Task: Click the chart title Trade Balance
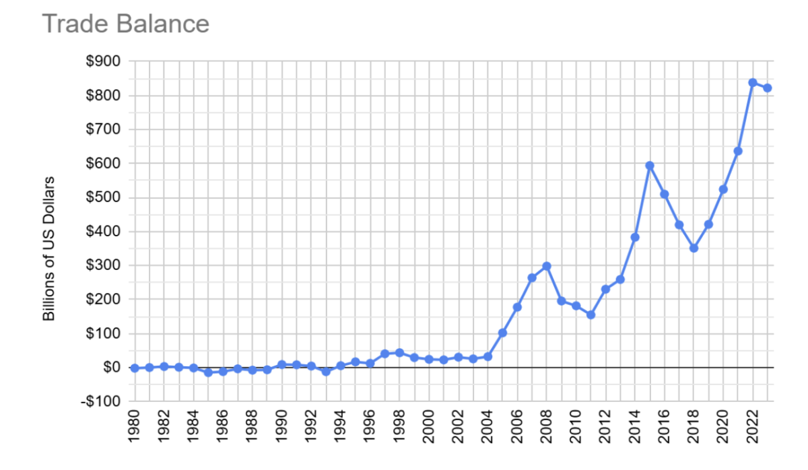click(x=126, y=24)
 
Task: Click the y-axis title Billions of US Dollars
click(x=48, y=248)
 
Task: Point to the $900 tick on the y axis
click(x=104, y=61)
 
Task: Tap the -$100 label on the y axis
click(x=102, y=401)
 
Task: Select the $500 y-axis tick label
click(x=104, y=197)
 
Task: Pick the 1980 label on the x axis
click(x=135, y=429)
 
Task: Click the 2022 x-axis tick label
click(x=753, y=429)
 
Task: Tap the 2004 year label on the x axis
click(x=488, y=429)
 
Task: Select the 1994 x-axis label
click(x=341, y=429)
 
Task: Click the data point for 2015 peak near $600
click(x=650, y=165)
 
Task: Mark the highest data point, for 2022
click(x=753, y=83)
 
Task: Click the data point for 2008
click(x=547, y=266)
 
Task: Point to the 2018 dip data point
click(x=694, y=248)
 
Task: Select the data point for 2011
click(x=591, y=314)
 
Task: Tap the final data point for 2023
click(x=768, y=88)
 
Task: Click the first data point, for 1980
click(x=135, y=368)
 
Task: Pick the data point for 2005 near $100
click(x=502, y=333)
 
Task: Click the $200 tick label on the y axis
click(x=104, y=299)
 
